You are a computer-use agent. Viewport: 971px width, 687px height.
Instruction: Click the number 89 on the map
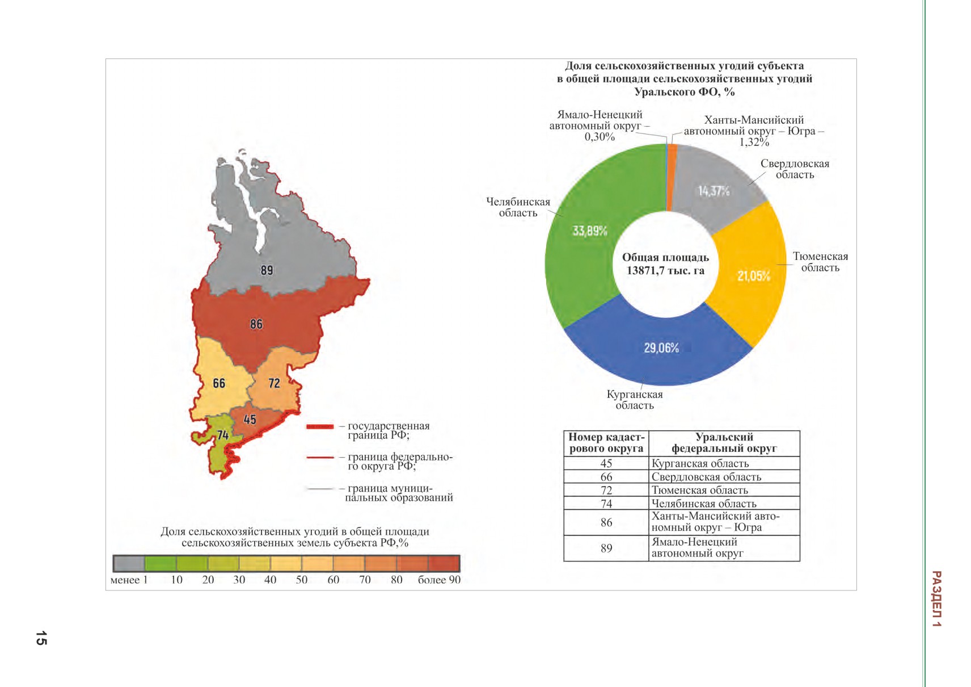(x=267, y=270)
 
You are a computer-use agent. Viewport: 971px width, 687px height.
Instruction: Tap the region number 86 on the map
(x=256, y=324)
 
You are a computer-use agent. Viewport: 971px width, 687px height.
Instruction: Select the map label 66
(x=219, y=383)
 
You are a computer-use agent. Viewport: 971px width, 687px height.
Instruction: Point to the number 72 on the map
(x=274, y=383)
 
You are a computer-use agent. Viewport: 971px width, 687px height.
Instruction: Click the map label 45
(x=250, y=420)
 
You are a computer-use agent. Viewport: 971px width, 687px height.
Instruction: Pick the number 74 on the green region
(x=223, y=435)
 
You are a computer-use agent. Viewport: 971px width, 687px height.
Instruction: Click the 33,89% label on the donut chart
(x=589, y=231)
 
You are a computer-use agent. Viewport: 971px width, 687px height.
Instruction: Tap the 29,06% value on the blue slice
(x=661, y=348)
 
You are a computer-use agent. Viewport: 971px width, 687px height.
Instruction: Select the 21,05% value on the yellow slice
(x=754, y=276)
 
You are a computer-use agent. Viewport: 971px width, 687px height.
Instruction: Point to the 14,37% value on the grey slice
(x=714, y=191)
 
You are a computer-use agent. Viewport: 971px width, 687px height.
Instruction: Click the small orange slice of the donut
(x=671, y=178)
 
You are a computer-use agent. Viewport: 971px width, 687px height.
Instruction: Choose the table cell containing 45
(x=606, y=463)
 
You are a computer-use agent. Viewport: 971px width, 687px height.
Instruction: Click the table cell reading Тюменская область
(x=724, y=490)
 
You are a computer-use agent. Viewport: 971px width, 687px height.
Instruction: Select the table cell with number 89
(x=606, y=548)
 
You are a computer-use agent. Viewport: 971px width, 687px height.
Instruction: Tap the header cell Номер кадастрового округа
(x=606, y=443)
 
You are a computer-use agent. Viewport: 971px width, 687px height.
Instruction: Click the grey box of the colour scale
(x=129, y=563)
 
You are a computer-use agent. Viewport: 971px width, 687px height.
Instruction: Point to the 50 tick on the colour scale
(x=302, y=580)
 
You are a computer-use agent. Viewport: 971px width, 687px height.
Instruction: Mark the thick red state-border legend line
(x=320, y=426)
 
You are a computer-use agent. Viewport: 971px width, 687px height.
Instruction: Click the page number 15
(x=41, y=638)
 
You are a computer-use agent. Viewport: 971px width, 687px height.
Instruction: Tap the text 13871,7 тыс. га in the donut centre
(x=665, y=271)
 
